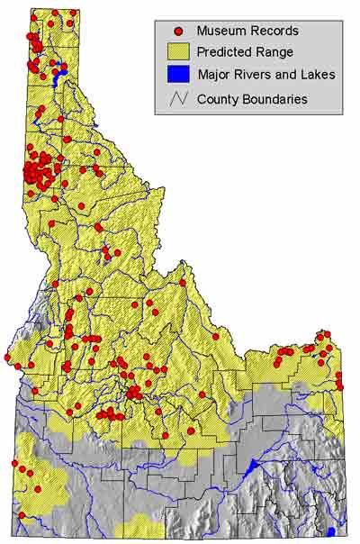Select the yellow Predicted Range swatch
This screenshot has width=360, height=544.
click(177, 53)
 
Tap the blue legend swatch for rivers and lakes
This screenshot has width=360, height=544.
click(177, 76)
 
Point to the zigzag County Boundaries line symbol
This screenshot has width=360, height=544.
click(177, 98)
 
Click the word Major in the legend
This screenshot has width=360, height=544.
click(213, 76)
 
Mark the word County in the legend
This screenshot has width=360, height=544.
click(219, 98)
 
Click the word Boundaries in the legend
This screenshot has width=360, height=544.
click(274, 98)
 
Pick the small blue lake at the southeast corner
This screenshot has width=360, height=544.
click(332, 532)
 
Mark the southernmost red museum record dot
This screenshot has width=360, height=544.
click(21, 515)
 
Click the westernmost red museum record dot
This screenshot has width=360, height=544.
click(7, 358)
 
